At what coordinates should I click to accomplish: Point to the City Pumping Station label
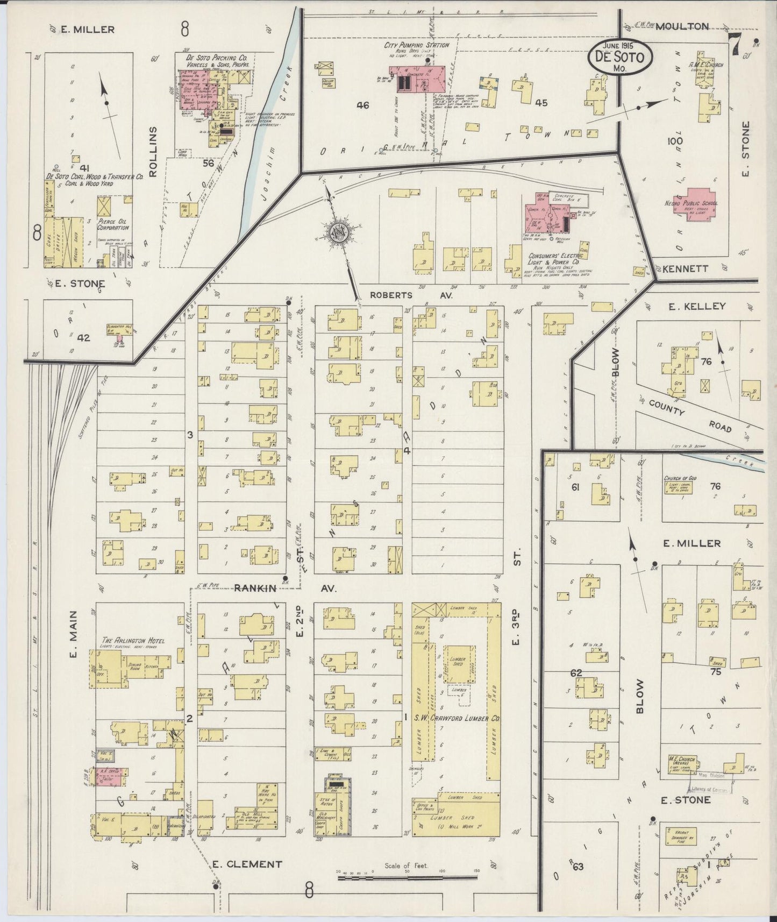(x=416, y=45)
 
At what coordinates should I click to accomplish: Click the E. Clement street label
(x=246, y=864)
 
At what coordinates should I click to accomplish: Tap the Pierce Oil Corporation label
(x=113, y=224)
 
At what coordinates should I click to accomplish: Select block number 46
(x=363, y=105)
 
